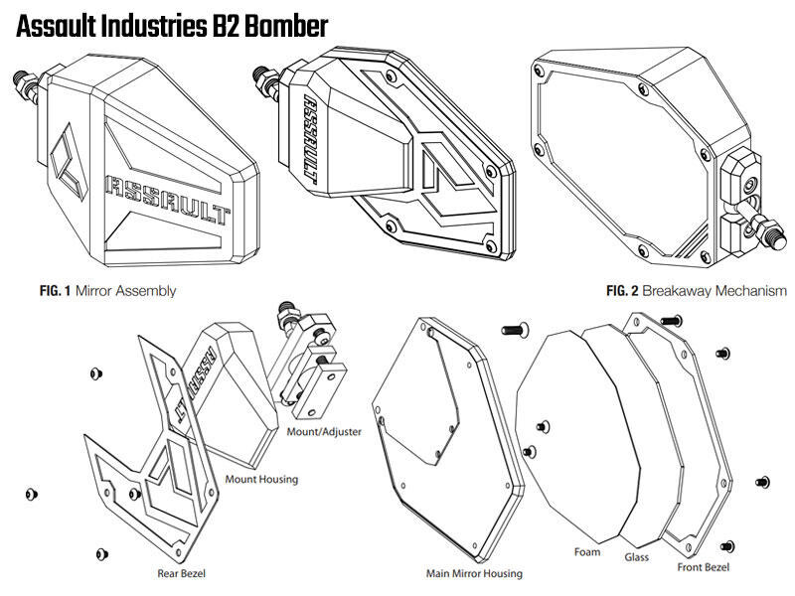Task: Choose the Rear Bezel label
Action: click(181, 573)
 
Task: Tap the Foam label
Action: click(587, 550)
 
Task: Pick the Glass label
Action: click(636, 557)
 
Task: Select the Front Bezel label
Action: click(703, 567)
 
